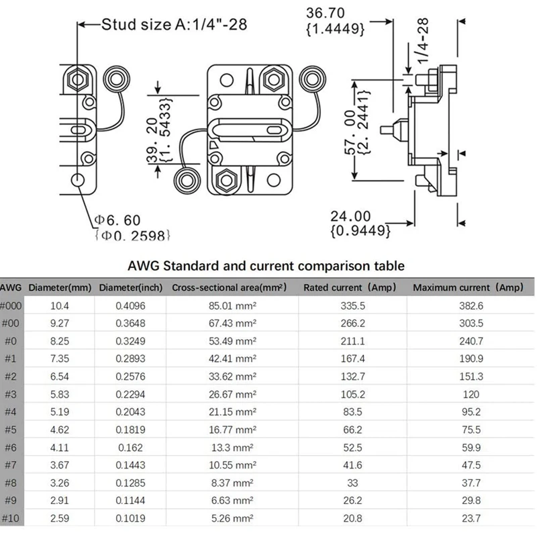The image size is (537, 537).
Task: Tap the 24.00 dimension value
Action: [350, 216]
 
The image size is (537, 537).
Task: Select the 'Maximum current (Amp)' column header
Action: [467, 287]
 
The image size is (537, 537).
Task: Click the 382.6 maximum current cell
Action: [467, 305]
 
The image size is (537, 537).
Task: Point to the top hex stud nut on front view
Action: [272, 78]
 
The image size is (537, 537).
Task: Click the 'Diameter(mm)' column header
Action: [60, 287]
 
